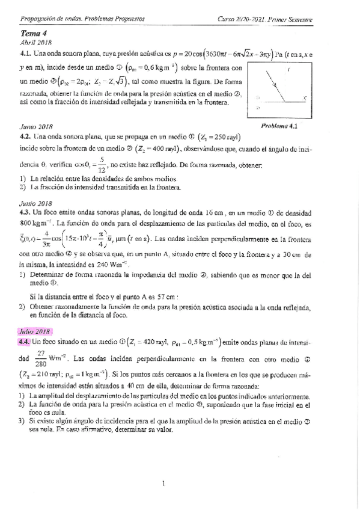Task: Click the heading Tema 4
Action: coord(30,34)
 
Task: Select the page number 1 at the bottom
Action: coord(163,483)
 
